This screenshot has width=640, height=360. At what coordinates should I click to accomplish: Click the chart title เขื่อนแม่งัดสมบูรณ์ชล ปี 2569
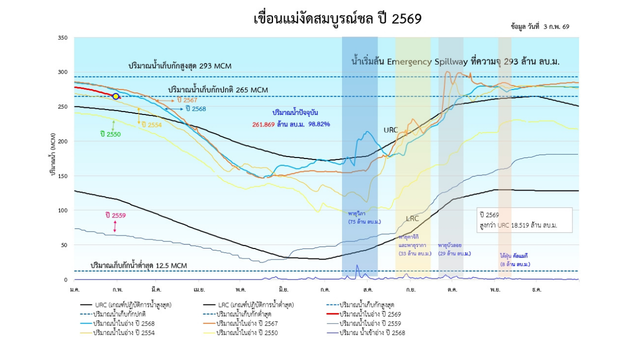tap(337, 19)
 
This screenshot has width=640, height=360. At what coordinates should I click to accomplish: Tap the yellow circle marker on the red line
tap(115, 96)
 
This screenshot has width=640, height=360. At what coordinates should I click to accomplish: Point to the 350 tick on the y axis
tap(62, 37)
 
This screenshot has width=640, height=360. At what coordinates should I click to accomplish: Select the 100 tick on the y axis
tap(62, 210)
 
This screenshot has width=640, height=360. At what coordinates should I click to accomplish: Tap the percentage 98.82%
tap(319, 124)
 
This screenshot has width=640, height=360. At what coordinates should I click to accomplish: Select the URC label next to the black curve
tap(390, 130)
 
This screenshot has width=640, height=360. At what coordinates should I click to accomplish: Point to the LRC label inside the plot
tap(412, 218)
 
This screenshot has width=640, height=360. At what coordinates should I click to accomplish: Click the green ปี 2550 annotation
tap(110, 133)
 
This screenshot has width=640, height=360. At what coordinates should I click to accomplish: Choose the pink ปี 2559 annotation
tap(115, 215)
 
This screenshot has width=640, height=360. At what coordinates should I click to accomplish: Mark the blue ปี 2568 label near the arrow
tap(195, 108)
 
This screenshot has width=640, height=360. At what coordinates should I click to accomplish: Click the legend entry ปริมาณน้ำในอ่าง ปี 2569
tap(370, 314)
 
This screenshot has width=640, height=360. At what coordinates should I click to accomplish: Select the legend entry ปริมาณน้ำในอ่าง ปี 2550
tap(247, 332)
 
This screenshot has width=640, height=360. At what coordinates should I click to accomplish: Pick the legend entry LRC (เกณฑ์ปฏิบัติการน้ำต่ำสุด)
tap(255, 304)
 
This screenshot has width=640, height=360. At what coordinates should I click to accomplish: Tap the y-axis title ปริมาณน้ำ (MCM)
tap(52, 154)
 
